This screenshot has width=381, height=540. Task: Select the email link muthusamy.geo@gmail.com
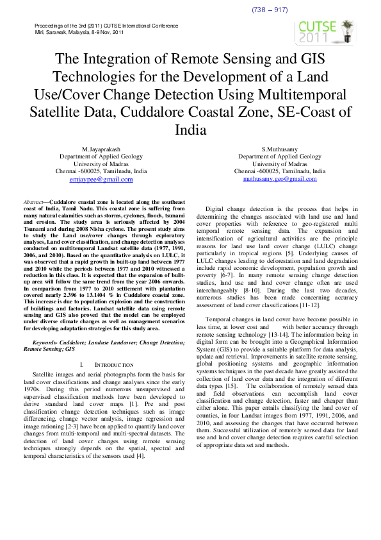click(x=280, y=180)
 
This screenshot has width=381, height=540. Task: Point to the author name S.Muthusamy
click(x=280, y=149)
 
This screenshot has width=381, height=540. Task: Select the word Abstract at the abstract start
click(x=33, y=201)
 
